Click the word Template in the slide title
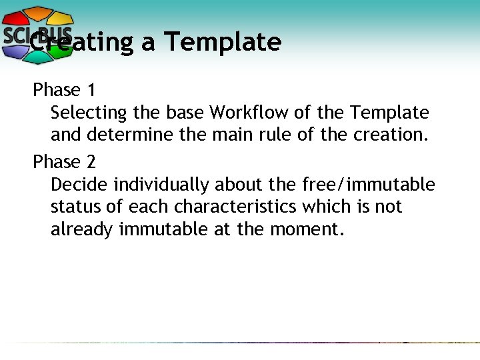point(223,42)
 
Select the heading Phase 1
point(65,89)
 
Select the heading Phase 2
point(65,161)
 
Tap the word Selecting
point(89,113)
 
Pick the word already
point(82,230)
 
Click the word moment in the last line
point(307,230)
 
